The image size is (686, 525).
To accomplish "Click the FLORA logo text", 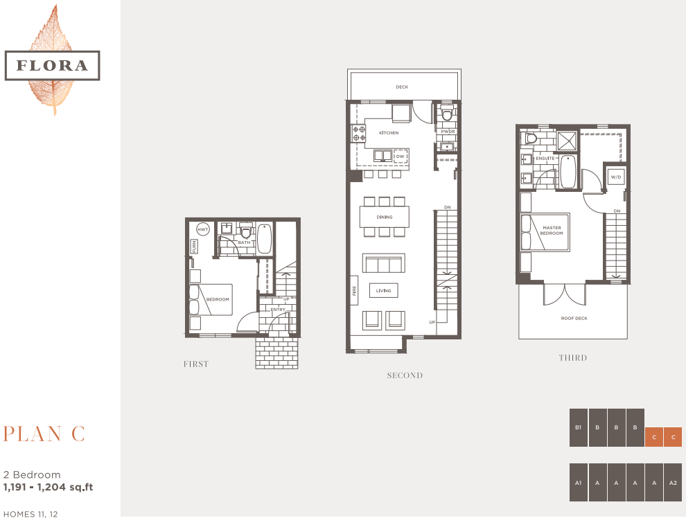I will click(x=52, y=66).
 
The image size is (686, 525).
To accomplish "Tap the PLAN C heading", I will click(x=44, y=434).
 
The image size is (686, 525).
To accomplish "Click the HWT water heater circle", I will click(x=203, y=230).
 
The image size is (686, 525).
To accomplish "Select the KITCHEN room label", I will click(x=388, y=132).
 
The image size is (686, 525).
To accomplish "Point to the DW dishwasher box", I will click(x=400, y=157).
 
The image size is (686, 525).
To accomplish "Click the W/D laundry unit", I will click(x=615, y=177).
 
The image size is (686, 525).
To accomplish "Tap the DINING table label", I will click(x=385, y=217).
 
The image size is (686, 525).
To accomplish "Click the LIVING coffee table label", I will click(x=384, y=291).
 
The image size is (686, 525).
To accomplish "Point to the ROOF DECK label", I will click(x=573, y=319).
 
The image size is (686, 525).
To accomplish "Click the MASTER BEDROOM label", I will click(x=552, y=231).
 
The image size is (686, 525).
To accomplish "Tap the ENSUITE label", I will click(x=545, y=159).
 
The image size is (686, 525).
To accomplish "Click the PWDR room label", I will click(x=447, y=131).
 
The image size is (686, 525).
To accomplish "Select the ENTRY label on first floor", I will click(x=278, y=310).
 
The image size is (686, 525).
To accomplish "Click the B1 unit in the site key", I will click(x=578, y=427).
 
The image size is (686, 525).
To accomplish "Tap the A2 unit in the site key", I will click(x=673, y=482).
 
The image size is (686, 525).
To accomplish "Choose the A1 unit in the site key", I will click(x=578, y=482).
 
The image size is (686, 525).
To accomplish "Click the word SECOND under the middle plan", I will click(x=405, y=375).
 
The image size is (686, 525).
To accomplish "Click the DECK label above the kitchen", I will click(x=402, y=87).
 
